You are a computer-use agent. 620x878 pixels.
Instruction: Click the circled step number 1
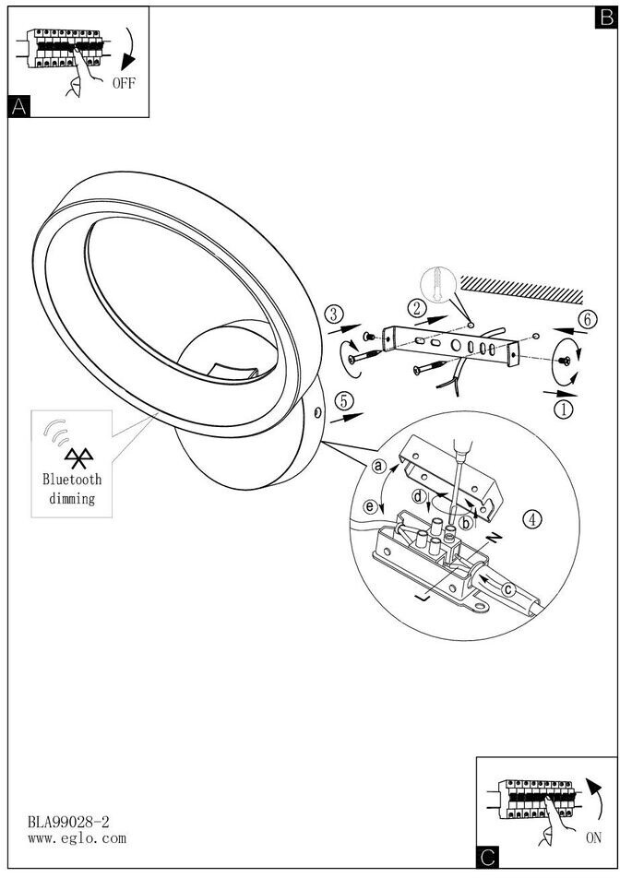pos(563,404)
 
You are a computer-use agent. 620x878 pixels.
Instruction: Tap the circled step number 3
pos(335,314)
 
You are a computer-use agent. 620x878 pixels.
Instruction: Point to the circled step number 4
pos(531,518)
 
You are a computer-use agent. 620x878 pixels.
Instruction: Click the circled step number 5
pos(343,400)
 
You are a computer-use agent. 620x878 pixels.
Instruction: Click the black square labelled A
pos(18,107)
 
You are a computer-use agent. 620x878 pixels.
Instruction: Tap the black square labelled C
pos(487,859)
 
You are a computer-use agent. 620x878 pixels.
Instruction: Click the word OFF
pos(125,83)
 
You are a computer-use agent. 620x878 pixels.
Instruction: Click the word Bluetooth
pos(72,480)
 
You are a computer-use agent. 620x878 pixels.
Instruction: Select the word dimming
pos(72,499)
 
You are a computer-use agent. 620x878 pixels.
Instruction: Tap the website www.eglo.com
pos(77,838)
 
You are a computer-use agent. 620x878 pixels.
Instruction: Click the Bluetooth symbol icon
pos(72,457)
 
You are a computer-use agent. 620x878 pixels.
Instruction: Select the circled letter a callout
pos(378,467)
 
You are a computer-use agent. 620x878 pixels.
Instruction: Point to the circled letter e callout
pos(370,506)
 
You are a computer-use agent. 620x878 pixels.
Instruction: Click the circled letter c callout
pos(508,588)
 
